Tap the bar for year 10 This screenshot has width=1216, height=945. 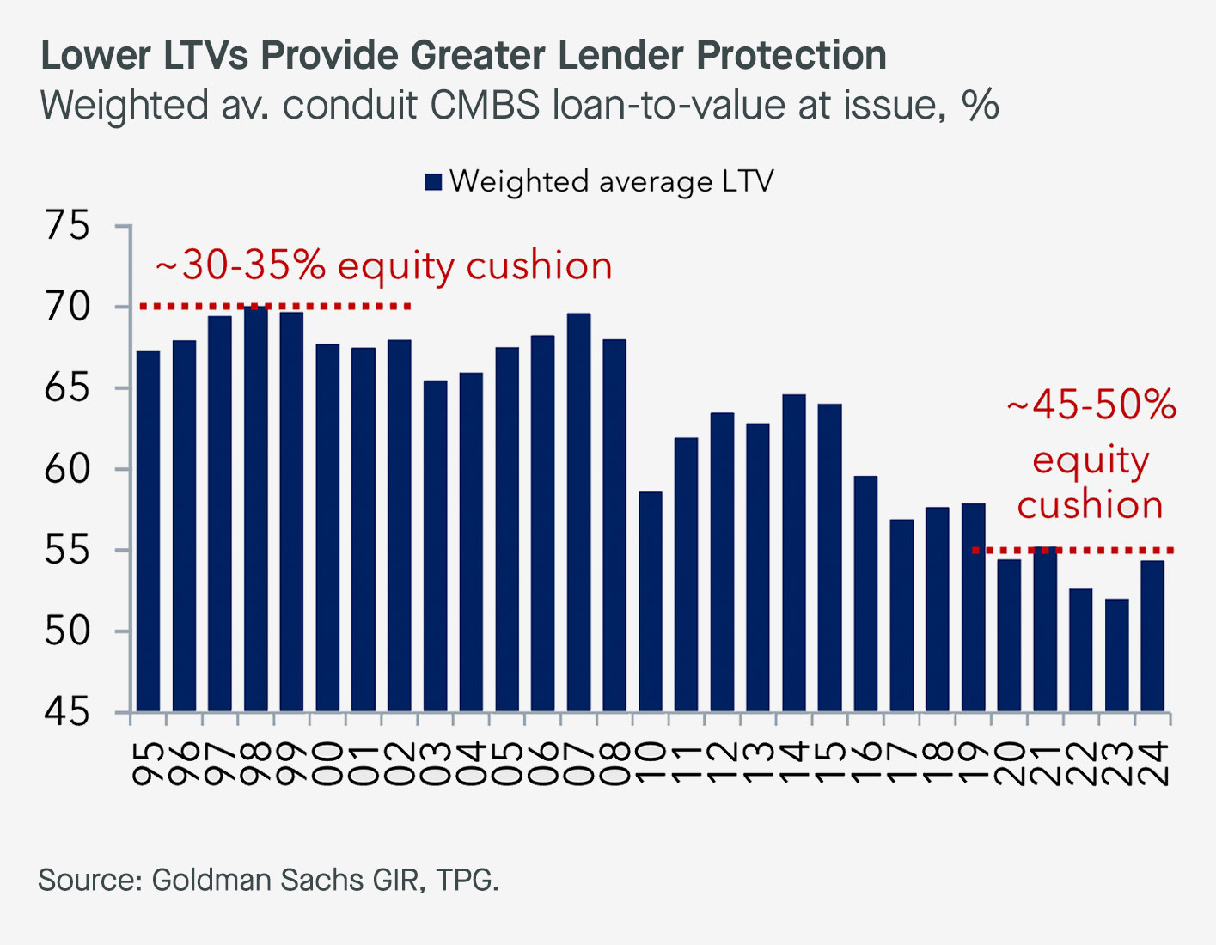click(x=651, y=601)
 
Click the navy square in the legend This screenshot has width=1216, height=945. click(x=433, y=182)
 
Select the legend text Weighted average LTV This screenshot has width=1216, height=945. click(x=611, y=181)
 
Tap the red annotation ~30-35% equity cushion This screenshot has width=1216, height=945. click(x=383, y=266)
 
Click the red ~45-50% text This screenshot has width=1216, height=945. click(x=1091, y=404)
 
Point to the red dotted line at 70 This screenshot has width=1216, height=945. click(x=275, y=306)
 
